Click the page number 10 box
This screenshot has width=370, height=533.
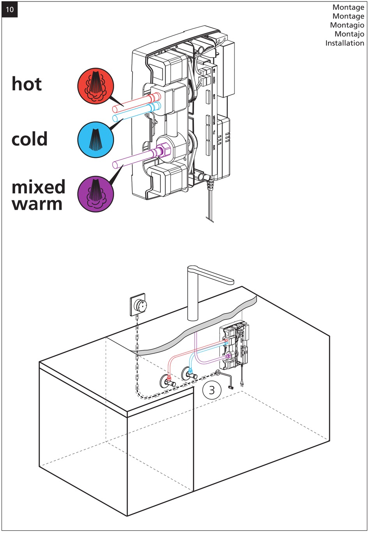coord(10,10)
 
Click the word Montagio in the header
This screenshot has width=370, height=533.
coord(347,25)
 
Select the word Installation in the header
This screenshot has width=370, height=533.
coord(345,43)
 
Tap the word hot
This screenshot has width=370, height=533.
coord(26,84)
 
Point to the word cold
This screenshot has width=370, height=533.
coord(30,139)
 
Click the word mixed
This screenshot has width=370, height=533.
coord(38,187)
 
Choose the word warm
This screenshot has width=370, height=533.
coord(37,204)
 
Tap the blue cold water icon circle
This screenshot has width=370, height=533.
coord(95,139)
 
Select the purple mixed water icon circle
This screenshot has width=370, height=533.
coord(95,193)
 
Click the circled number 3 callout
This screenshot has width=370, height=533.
coord(211,390)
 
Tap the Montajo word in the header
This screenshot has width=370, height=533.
coord(349,34)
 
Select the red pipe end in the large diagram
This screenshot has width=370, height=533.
coord(115,109)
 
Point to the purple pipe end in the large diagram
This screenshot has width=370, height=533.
coord(115,165)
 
